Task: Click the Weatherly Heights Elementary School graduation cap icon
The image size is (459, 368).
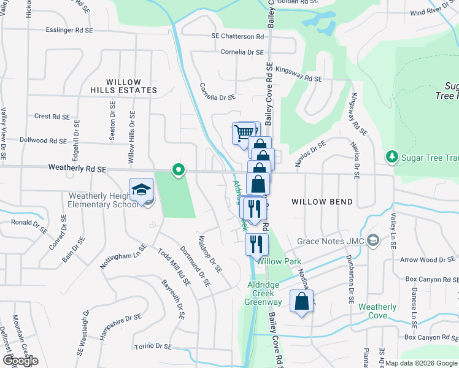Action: tap(141, 189)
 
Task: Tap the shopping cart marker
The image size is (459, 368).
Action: tap(243, 132)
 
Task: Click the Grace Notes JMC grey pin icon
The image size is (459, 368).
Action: tap(372, 241)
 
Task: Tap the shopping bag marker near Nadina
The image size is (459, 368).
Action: tap(301, 302)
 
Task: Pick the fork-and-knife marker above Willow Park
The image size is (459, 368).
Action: tap(256, 244)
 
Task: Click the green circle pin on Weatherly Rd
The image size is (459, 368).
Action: tap(179, 169)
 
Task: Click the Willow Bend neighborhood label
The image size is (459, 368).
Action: tap(322, 202)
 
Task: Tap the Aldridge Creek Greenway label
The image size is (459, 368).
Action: tap(264, 293)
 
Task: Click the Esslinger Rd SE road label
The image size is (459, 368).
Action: tap(69, 30)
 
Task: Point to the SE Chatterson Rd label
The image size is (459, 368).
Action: tap(237, 37)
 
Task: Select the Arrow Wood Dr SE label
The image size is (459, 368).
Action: tap(425, 260)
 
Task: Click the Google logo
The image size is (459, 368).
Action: tap(20, 361)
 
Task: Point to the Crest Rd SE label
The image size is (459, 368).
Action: tap(52, 116)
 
